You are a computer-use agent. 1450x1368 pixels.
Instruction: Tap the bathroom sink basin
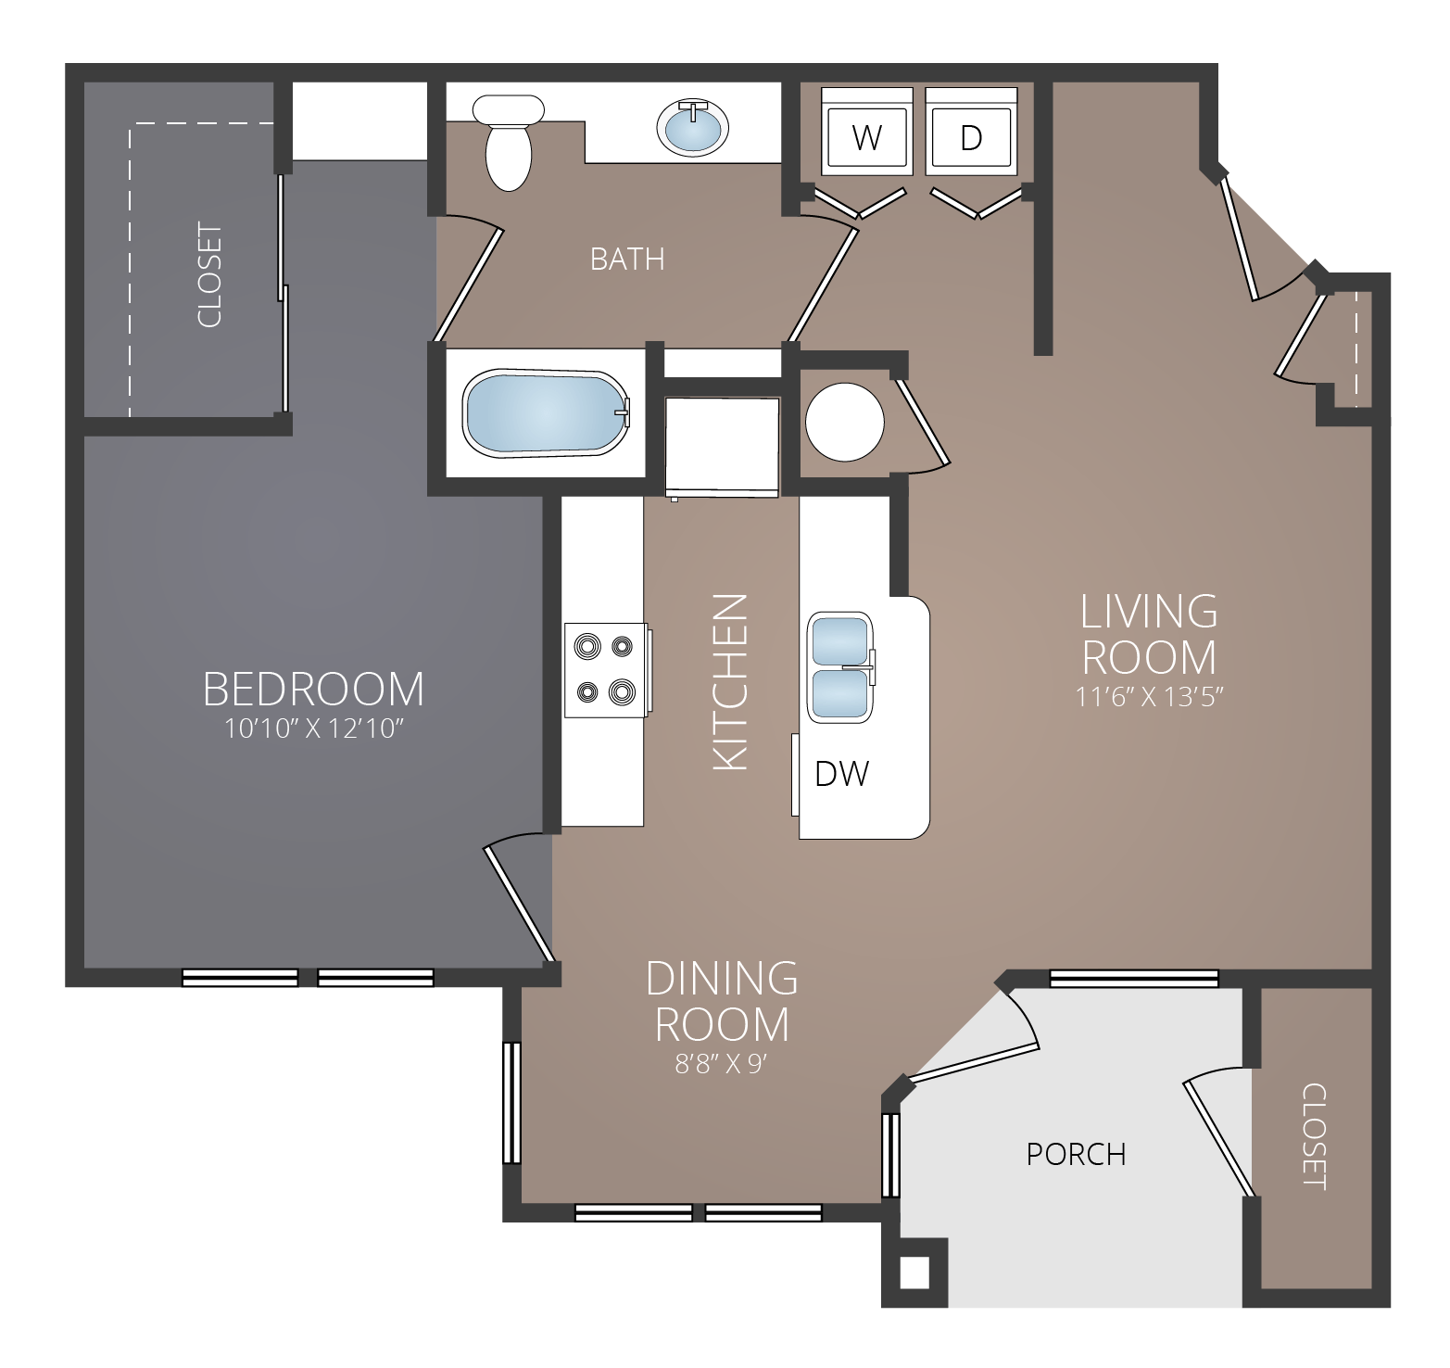coord(692,127)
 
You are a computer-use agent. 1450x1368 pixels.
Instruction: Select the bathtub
coord(547,413)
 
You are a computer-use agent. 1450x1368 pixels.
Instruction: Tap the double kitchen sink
coord(840,666)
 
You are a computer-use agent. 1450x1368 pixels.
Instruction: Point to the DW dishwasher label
coord(841,773)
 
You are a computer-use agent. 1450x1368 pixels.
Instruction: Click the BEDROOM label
coord(313,690)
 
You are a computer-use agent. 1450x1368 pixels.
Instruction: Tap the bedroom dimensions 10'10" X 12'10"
coord(314,729)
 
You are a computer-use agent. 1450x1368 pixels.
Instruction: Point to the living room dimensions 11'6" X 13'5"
coord(1149,696)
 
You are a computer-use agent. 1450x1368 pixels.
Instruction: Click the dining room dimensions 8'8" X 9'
coord(722,1065)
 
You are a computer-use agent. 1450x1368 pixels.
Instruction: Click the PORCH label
coord(1076,1154)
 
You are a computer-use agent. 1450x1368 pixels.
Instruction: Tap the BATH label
coord(627,259)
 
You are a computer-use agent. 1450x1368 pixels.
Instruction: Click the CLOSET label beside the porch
coord(1314,1136)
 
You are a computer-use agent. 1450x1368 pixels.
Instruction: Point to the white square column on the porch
coord(914,1273)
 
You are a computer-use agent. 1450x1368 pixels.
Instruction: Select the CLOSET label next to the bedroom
coord(209,275)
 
